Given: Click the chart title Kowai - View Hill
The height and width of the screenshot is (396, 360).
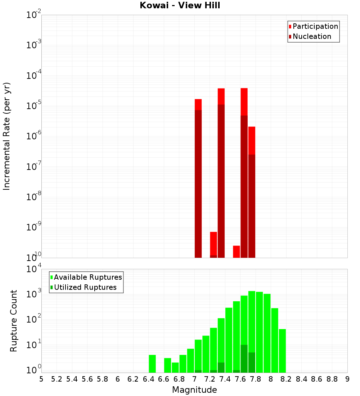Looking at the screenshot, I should [180, 5].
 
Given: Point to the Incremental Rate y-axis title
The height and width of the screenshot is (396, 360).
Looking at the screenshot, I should [7, 136].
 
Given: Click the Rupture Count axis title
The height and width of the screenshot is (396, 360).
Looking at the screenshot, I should [14, 320].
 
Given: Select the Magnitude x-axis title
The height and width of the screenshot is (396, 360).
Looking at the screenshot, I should [194, 390].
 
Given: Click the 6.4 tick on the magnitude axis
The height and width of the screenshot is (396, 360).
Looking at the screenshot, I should [148, 379].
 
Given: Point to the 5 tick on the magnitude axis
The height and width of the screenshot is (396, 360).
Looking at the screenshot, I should [41, 379].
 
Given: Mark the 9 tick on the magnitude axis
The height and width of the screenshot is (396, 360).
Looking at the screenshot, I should [347, 379].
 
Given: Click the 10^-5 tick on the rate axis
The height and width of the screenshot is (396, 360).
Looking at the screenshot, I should [33, 106].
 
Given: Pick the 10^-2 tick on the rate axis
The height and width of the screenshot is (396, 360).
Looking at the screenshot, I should [33, 15].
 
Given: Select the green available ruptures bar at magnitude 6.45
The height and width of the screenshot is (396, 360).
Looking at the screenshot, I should [152, 364].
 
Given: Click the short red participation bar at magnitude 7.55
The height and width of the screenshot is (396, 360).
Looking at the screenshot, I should [237, 252].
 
